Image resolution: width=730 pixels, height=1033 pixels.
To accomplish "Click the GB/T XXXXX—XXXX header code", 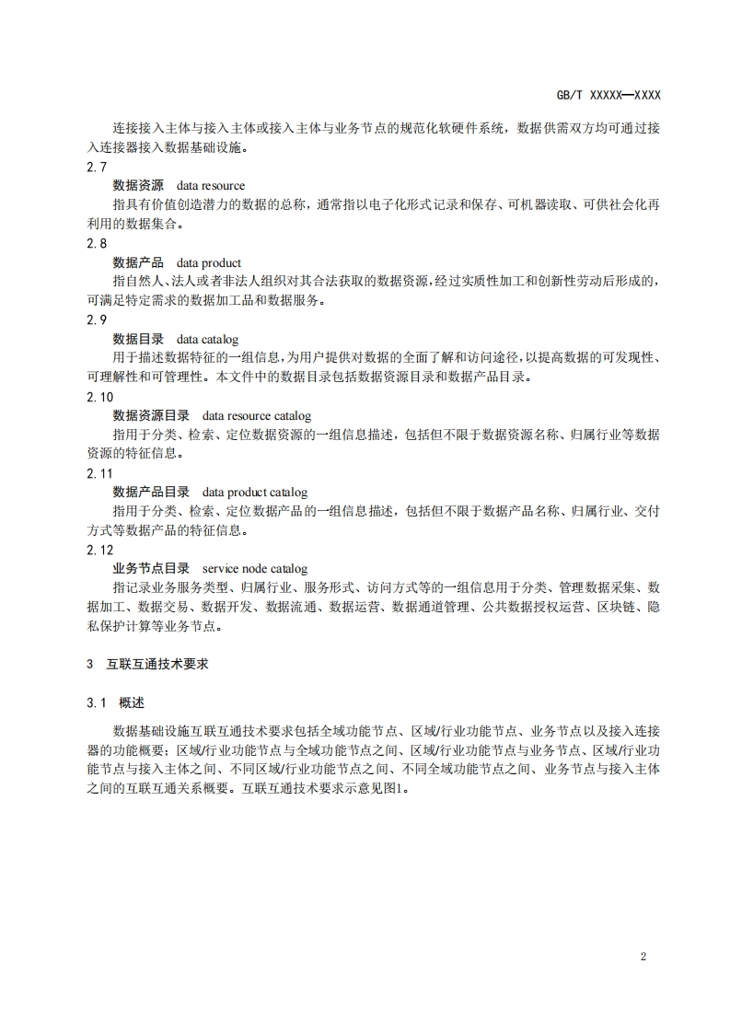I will [x=608, y=95].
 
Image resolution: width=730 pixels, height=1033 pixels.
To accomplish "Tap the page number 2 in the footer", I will [x=643, y=956].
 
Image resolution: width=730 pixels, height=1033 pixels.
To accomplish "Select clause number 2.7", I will [x=97, y=167].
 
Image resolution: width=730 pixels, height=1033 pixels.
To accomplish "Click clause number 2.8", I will [x=97, y=243].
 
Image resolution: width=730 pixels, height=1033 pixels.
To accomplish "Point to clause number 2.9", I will [x=97, y=319].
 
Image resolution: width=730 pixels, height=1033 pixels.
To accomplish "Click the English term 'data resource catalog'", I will [x=257, y=415].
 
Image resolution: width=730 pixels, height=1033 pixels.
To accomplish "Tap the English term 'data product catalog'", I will [x=255, y=493].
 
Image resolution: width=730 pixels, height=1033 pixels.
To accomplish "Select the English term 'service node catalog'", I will [x=255, y=569].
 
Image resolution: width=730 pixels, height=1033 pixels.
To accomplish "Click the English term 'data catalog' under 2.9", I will [x=207, y=339].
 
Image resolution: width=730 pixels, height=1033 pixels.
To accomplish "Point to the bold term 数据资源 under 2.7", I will [x=138, y=186].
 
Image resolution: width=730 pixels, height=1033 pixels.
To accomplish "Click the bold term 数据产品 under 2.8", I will [x=138, y=262].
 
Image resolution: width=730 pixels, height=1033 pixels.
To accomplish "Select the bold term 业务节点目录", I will [x=151, y=569].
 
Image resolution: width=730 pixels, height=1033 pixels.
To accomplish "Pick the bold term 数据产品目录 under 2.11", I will [x=151, y=493].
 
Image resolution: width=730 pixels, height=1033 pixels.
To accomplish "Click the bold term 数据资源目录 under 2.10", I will [x=151, y=415].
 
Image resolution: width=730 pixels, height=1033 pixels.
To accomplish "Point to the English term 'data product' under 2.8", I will [x=209, y=262].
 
